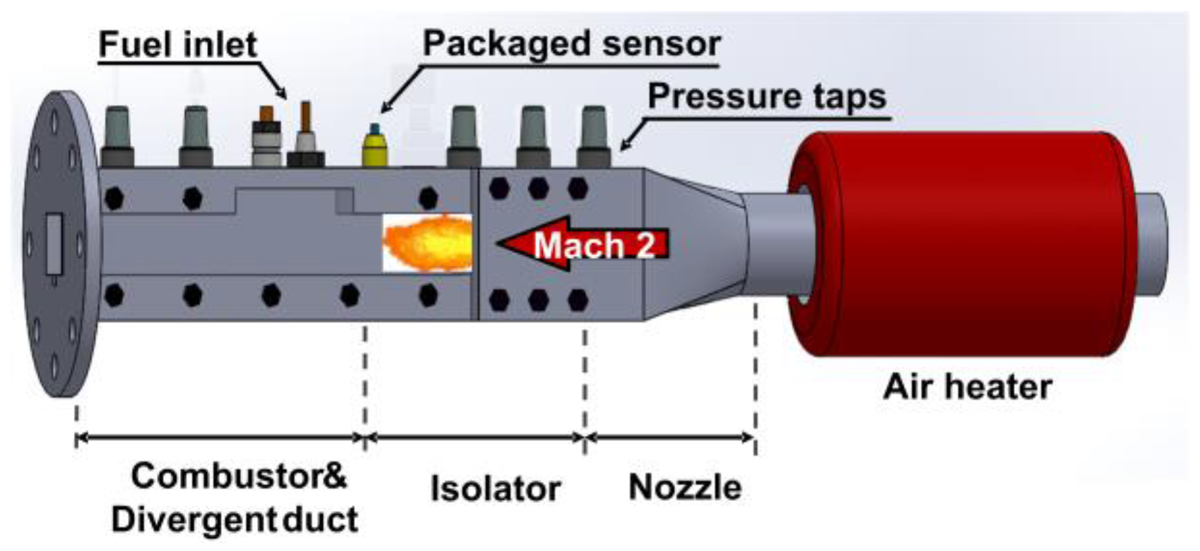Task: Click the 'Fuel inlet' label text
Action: [177, 45]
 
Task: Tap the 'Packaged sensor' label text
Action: [571, 44]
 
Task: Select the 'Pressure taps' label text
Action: [767, 96]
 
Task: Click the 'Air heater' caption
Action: [967, 387]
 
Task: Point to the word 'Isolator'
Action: [496, 489]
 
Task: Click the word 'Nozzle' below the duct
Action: [685, 487]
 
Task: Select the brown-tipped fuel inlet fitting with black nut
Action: [305, 138]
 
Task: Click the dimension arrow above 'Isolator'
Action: [476, 438]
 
